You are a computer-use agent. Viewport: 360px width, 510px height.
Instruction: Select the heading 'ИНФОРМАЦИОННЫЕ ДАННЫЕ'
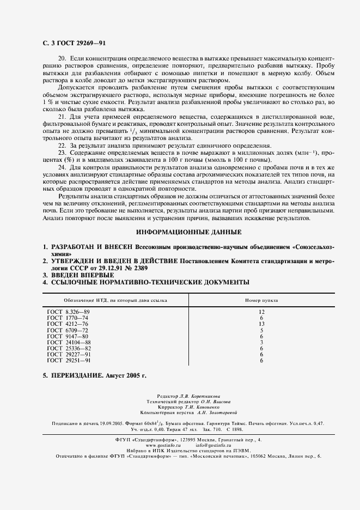[x=180, y=232]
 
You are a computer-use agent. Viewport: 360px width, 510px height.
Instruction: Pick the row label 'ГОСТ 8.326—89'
[x=68, y=311]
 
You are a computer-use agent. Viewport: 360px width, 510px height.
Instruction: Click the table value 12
[x=261, y=311]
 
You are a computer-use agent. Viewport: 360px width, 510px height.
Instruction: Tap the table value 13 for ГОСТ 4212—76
[x=261, y=324]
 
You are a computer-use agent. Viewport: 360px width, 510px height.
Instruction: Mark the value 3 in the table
[x=261, y=342]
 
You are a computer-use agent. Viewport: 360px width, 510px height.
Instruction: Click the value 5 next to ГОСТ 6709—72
[x=261, y=330]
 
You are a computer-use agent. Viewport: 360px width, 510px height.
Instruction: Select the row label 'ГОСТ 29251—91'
[x=69, y=361]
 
